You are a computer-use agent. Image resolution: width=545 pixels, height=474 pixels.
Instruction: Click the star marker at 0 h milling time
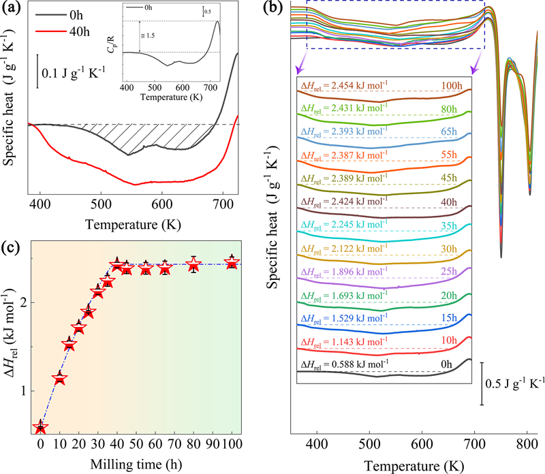(x=40, y=427)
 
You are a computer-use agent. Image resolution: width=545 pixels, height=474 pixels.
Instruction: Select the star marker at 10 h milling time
(x=59, y=378)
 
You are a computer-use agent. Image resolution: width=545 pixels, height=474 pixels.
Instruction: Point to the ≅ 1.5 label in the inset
(x=153, y=35)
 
